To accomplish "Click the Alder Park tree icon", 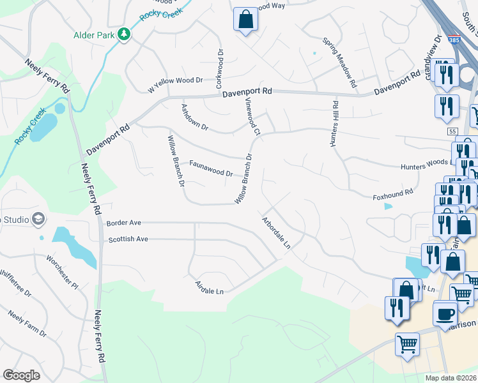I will [124, 34].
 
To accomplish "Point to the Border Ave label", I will [123, 223].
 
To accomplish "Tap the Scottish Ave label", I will [128, 239].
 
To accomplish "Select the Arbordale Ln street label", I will [276, 232].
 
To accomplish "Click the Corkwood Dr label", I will [219, 68].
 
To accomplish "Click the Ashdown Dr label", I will [195, 117].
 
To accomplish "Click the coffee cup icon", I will [445, 313].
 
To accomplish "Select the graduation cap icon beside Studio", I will [38, 220].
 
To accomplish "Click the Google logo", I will [21, 375].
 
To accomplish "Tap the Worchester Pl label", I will [61, 271].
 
